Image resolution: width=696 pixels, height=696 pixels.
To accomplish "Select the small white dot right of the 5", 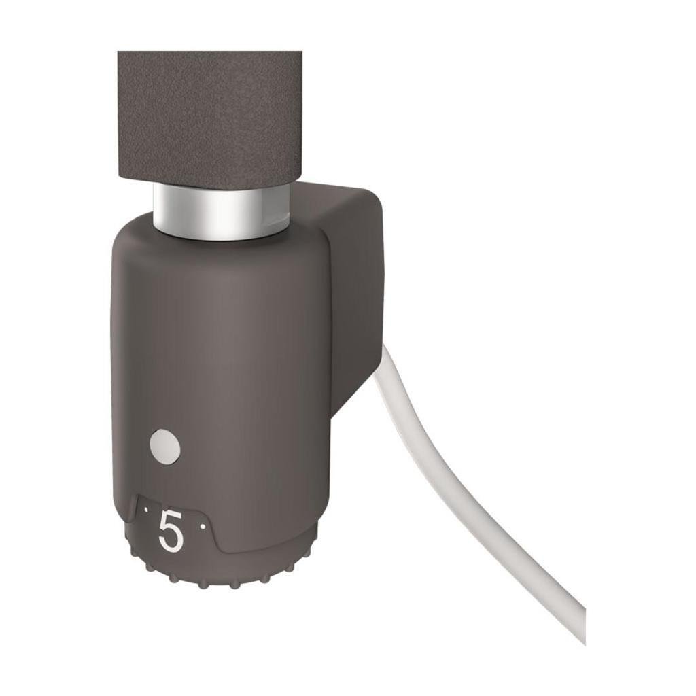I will point(202,525).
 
